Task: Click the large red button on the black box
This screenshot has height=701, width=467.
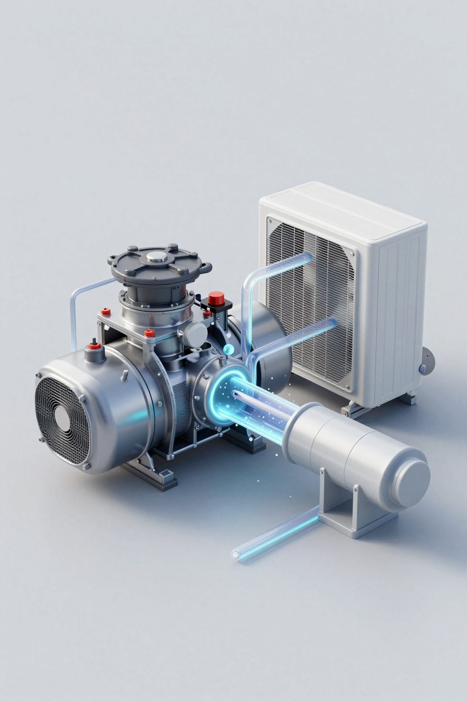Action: (x=217, y=299)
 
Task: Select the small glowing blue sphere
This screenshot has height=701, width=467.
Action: (x=228, y=350)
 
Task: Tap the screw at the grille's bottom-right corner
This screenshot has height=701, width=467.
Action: (x=349, y=388)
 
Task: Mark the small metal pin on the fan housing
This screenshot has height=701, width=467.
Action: (x=123, y=375)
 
